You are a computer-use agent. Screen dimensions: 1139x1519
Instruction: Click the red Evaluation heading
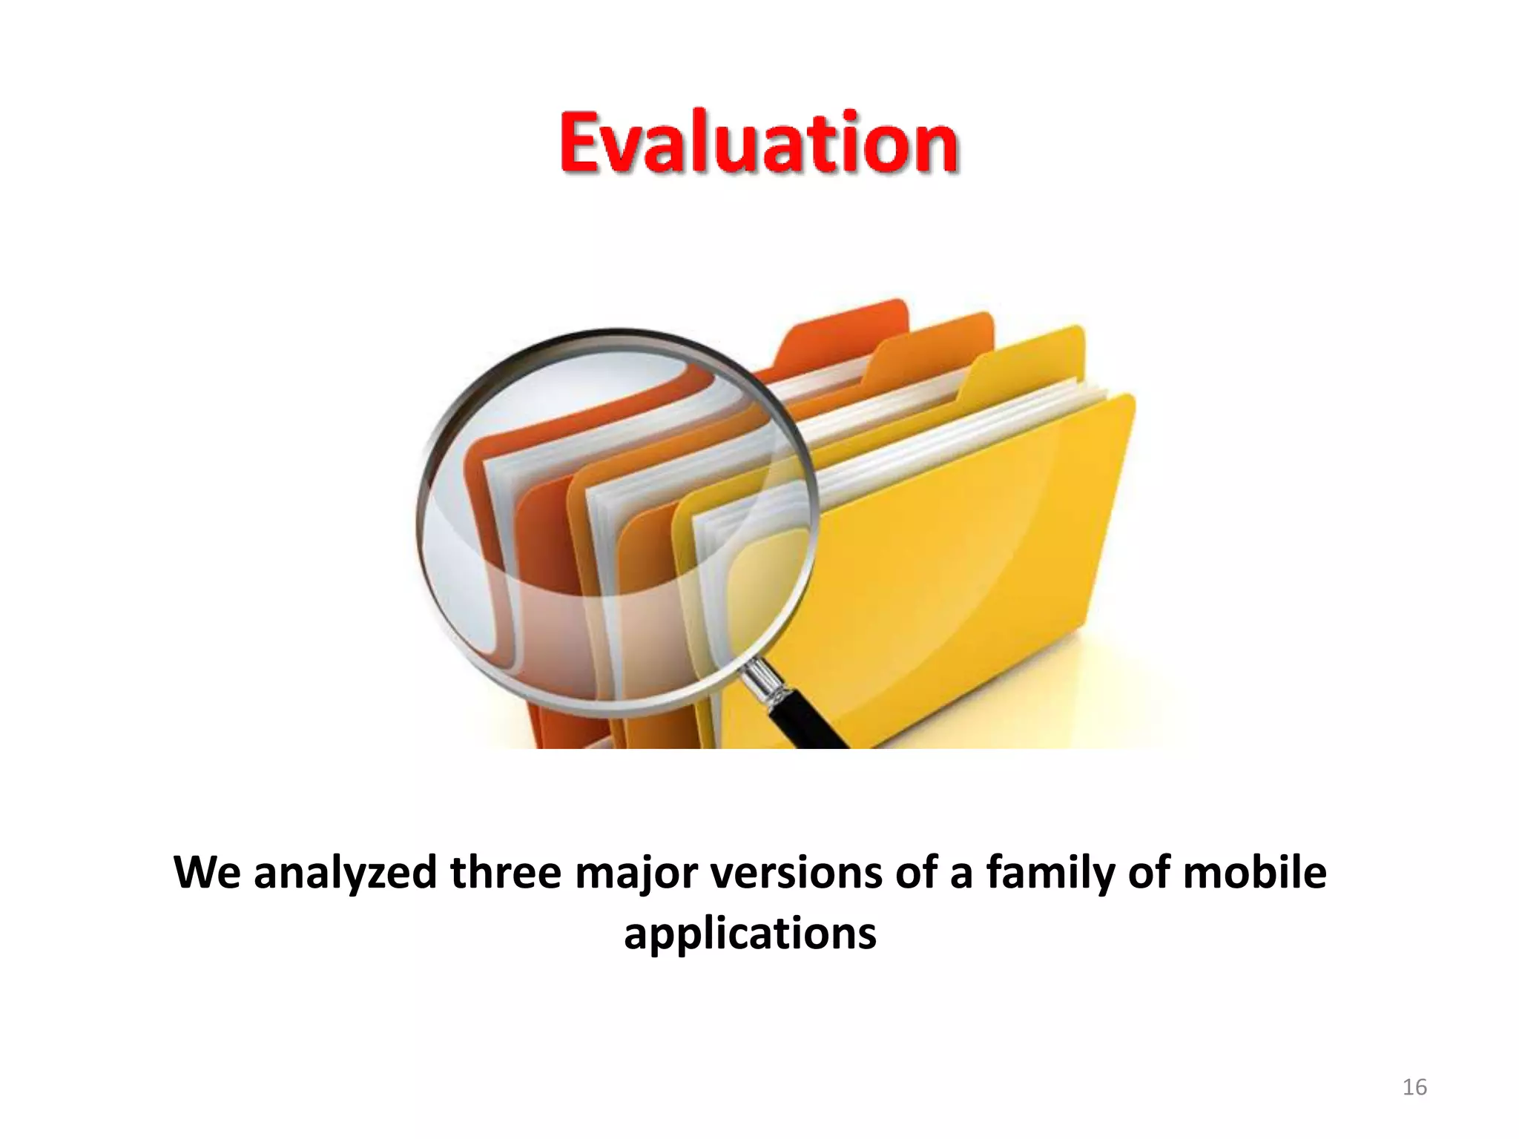pos(758,142)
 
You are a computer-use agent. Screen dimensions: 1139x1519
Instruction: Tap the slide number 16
pos(1414,1087)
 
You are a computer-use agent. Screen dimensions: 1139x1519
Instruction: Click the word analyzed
pos(345,874)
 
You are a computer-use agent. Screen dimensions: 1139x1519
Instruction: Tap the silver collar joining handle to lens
pos(764,680)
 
